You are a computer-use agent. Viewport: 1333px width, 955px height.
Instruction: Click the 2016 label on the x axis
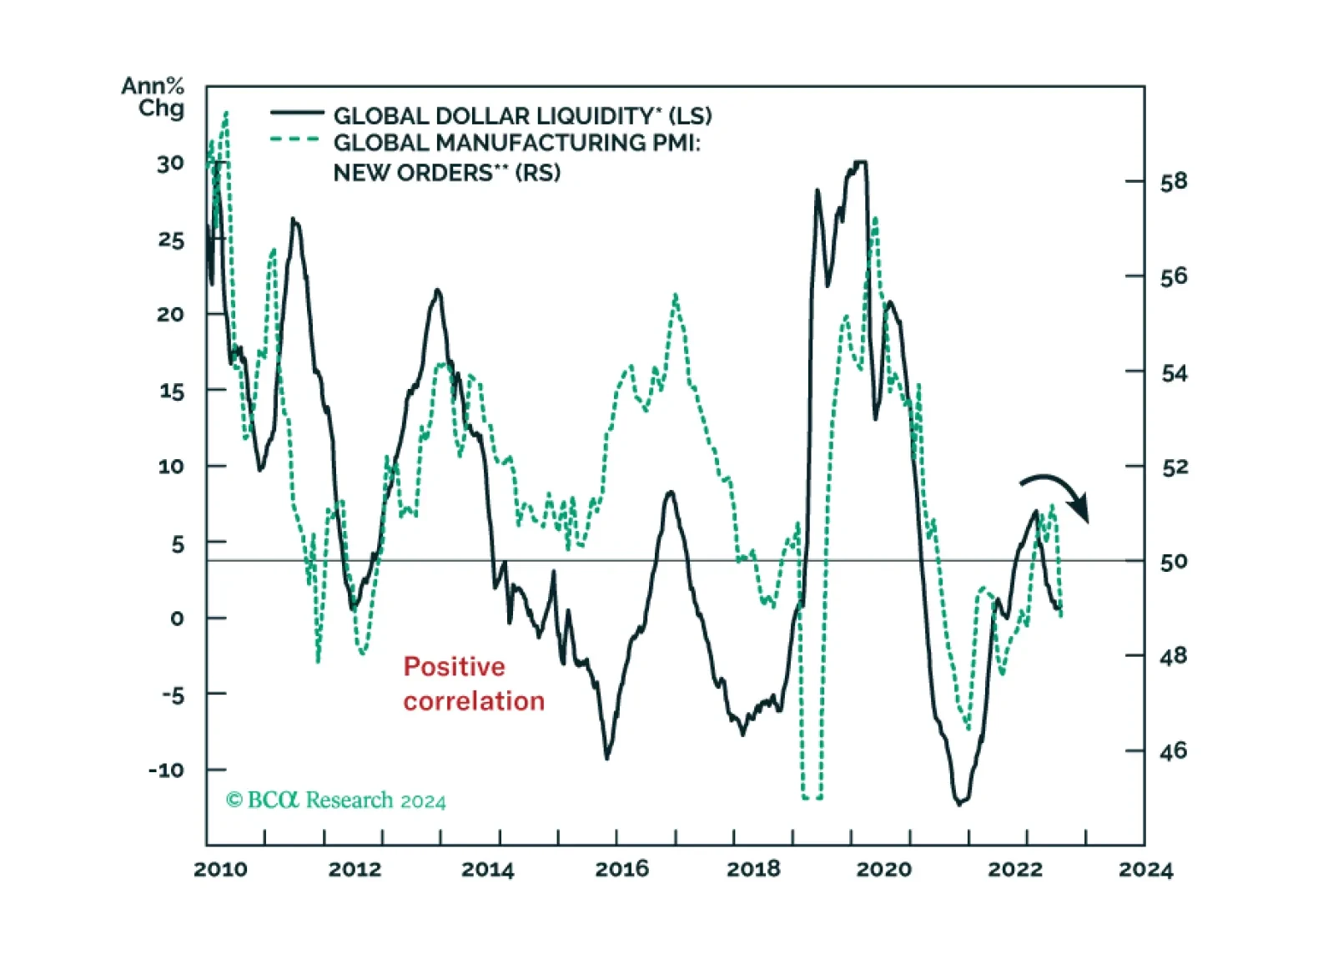pos(621,870)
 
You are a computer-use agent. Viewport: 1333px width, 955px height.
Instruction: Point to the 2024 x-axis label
pos(1146,870)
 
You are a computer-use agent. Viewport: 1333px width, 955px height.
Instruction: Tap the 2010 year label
pos(220,870)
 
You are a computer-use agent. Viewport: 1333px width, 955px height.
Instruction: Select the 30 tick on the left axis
pos(171,164)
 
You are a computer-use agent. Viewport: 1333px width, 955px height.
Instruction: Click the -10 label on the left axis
pos(167,771)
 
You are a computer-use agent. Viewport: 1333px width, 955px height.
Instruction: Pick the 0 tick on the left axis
pos(177,619)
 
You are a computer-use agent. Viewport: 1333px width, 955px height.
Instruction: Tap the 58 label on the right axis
pos(1174,182)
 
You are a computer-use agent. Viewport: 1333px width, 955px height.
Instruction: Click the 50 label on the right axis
pos(1174,562)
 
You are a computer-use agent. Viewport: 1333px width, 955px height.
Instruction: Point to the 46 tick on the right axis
pos(1174,751)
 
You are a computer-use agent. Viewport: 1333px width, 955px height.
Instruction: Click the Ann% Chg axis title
pos(153,97)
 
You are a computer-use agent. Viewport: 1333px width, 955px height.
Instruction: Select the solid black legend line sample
pos(297,112)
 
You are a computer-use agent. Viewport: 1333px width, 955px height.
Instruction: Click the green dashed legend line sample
pos(295,139)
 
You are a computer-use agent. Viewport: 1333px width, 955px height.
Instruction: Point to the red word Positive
pos(454,667)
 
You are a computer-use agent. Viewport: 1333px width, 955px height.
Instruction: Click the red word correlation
pos(474,701)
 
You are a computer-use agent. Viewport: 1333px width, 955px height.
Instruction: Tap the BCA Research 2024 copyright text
pos(335,801)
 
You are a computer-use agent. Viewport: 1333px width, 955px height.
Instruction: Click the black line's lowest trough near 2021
pos(958,805)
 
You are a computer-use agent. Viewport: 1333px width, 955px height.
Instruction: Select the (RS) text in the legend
pos(538,174)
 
